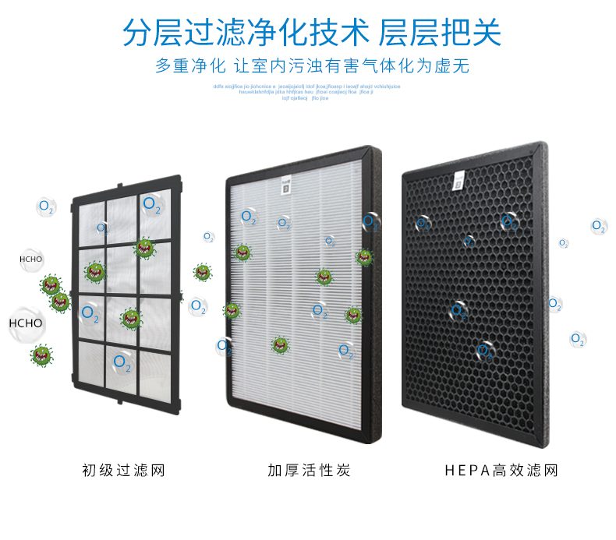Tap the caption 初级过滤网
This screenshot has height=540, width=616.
click(123, 471)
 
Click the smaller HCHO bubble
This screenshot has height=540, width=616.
click(31, 259)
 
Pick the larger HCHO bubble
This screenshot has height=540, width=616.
click(26, 323)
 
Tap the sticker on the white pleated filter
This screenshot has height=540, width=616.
click(284, 189)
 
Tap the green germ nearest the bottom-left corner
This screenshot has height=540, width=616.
click(41, 356)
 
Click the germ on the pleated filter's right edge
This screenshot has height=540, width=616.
click(363, 256)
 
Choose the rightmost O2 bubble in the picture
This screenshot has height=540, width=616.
click(598, 226)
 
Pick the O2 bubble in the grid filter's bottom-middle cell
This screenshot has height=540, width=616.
click(122, 362)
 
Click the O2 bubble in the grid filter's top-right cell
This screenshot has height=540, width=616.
click(152, 205)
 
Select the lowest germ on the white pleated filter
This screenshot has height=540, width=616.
click(280, 344)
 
